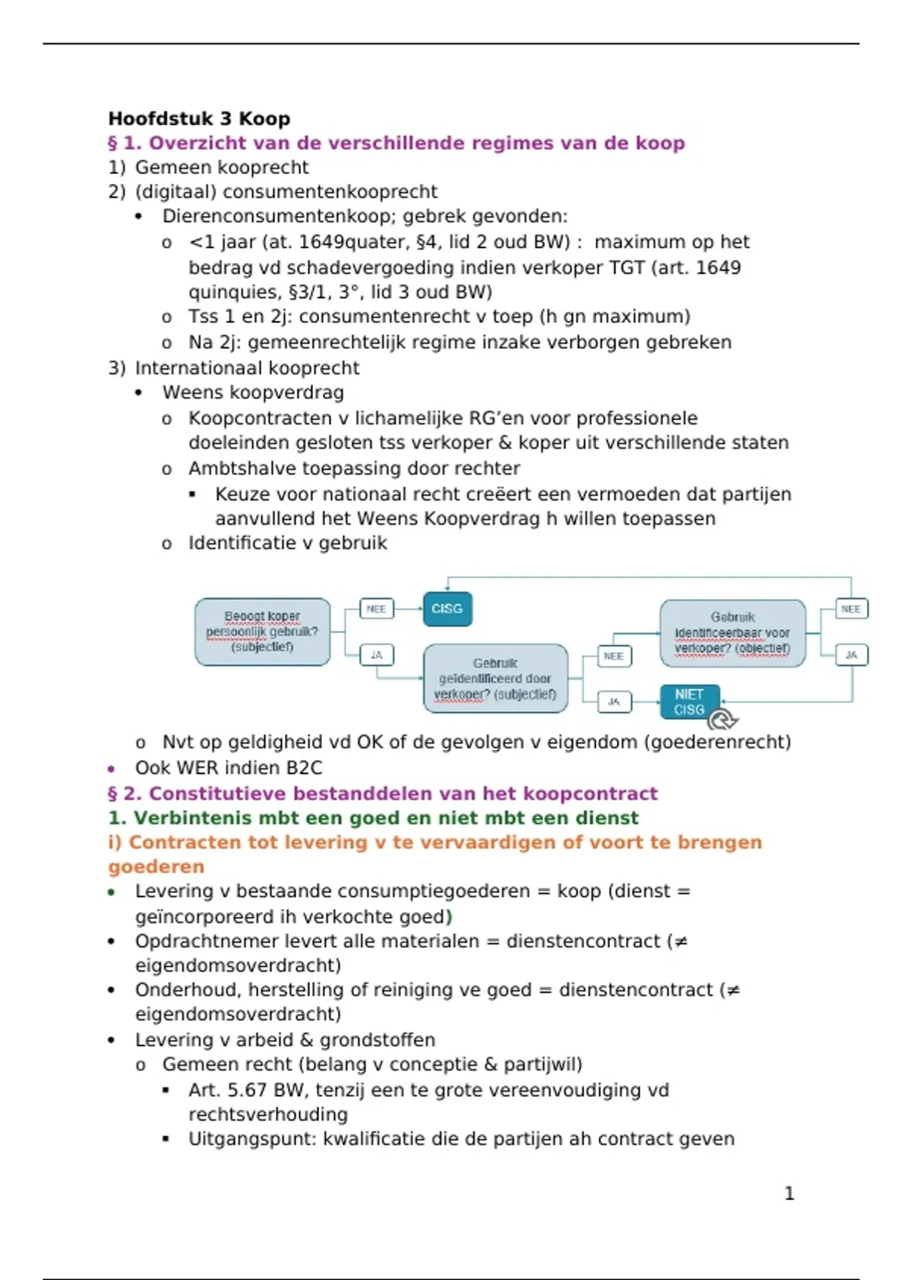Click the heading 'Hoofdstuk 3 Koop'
[x=199, y=119]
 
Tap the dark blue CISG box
[x=447, y=609]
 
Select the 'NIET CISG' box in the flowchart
[x=689, y=702]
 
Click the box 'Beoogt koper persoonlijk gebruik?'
[x=262, y=632]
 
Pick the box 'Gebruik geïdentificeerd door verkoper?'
[x=495, y=678]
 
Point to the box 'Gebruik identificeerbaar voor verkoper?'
[x=732, y=633]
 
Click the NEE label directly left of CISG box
[x=376, y=609]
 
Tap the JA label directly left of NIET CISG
[x=614, y=702]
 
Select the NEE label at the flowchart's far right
[x=851, y=608]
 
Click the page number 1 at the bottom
[x=789, y=1193]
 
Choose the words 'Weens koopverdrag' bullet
[x=253, y=393]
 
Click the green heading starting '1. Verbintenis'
[x=372, y=818]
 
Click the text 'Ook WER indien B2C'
[x=228, y=768]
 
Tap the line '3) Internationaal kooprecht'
[x=234, y=368]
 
